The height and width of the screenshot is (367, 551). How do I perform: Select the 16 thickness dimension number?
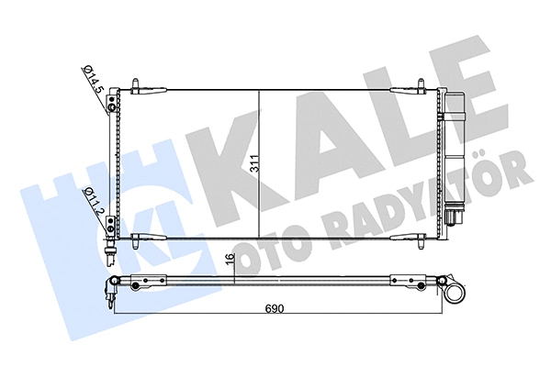tap(235, 261)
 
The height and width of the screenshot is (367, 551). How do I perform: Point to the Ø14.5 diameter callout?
tap(91, 82)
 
